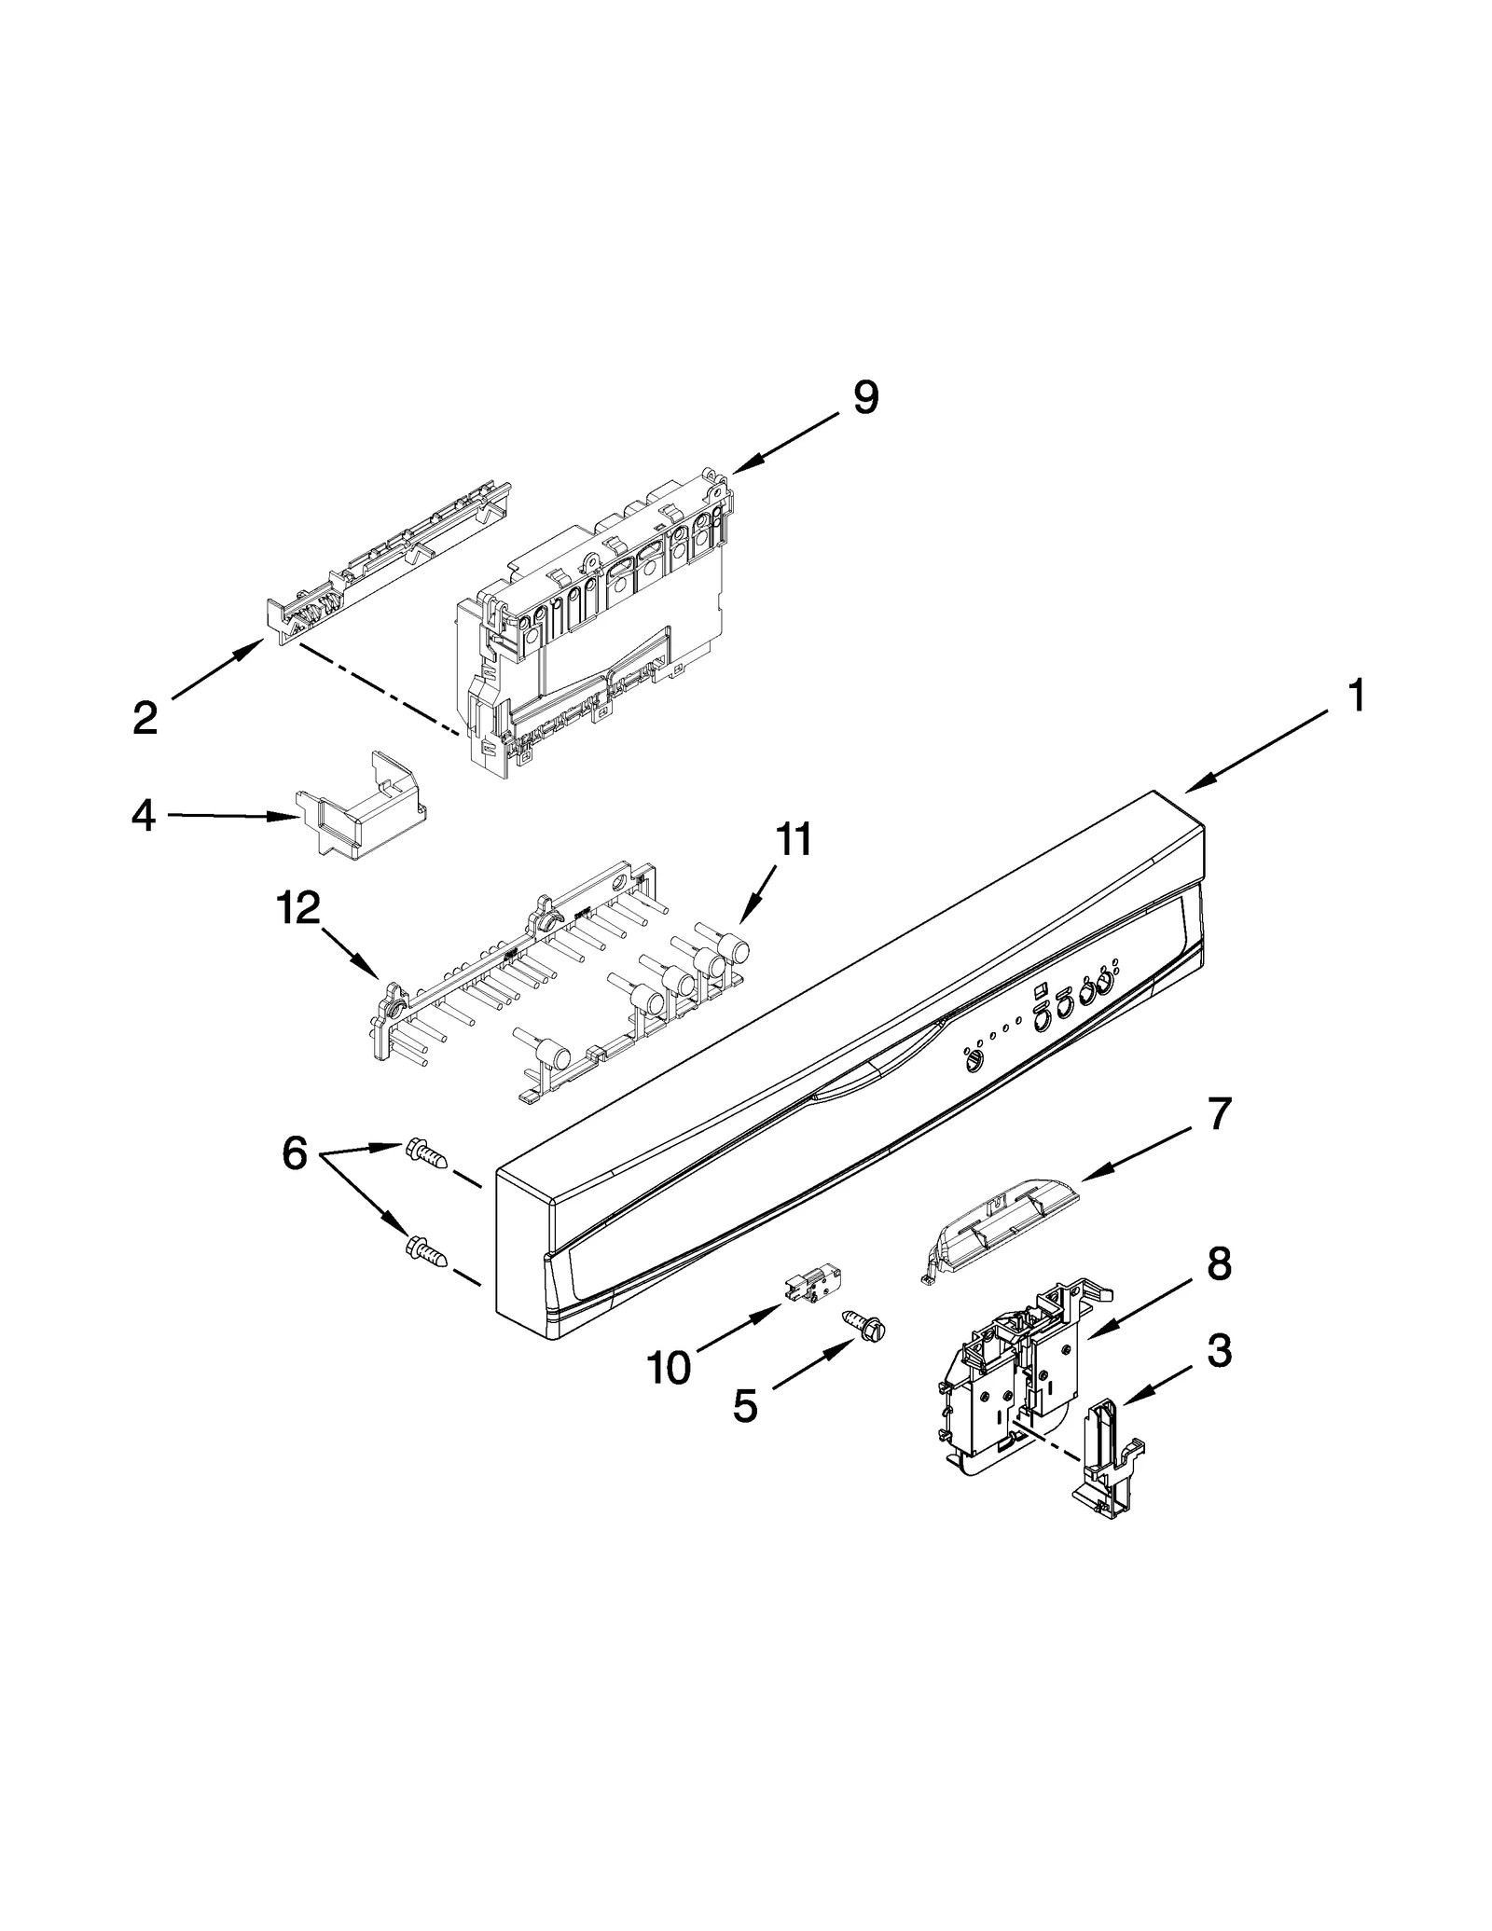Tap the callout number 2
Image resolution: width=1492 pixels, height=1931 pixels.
tap(145, 718)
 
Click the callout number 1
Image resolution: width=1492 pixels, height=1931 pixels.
tap(1357, 697)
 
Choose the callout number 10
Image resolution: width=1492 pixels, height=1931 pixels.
tap(669, 1369)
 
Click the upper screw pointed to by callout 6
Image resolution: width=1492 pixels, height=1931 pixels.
tap(426, 1155)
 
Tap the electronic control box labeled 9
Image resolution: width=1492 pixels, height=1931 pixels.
tap(597, 620)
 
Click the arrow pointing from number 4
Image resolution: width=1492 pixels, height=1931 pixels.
tap(233, 817)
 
